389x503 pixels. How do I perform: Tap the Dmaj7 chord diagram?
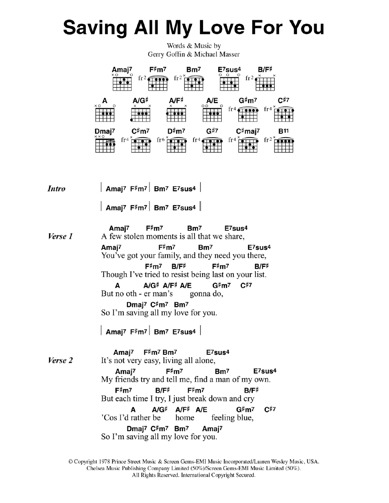pos(105,144)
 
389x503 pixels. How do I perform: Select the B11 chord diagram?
pos(284,144)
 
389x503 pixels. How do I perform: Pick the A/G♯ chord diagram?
pos(141,114)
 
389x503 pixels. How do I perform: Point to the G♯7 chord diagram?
pos(212,144)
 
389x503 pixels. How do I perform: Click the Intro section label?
pos(56,189)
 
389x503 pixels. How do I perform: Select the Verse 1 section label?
pos(60,236)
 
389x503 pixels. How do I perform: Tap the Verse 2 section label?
pos(60,360)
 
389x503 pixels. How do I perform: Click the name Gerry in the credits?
pos(156,54)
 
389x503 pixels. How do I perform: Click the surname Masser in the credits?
pos(230,54)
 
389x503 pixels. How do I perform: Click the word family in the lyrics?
pos(170,255)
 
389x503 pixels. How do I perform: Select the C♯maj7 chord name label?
pos(248,131)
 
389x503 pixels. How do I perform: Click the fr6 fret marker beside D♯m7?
pos(161,140)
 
